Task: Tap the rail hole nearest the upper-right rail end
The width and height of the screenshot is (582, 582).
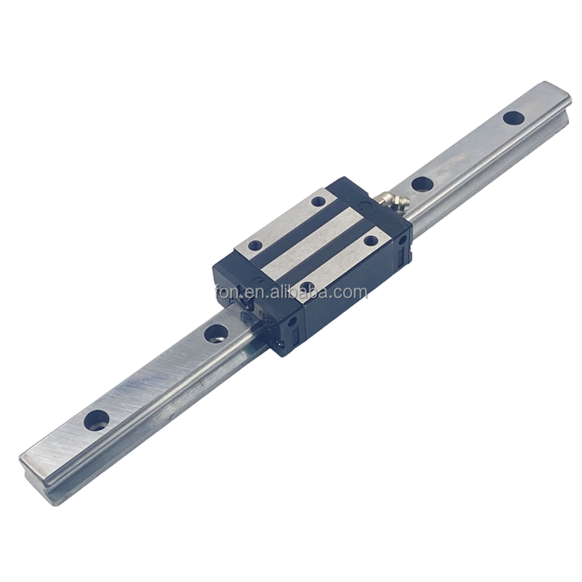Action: pyautogui.click(x=512, y=117)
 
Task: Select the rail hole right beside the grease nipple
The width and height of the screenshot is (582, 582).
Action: pyautogui.click(x=421, y=183)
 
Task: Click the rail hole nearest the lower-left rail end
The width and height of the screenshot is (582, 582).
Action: pyautogui.click(x=96, y=419)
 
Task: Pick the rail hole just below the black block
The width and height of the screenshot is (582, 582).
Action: pyautogui.click(x=216, y=333)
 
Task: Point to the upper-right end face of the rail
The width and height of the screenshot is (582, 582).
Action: pyautogui.click(x=561, y=93)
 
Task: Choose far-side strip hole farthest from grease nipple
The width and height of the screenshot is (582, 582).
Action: pyautogui.click(x=255, y=245)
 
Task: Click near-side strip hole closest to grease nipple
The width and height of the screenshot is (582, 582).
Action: pyautogui.click(x=370, y=240)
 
